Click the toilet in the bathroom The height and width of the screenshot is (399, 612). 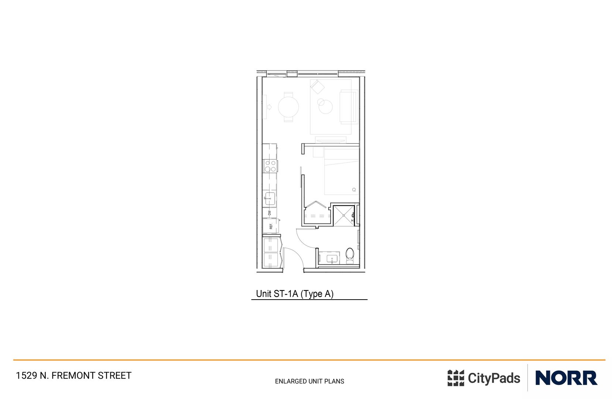pos(349,254)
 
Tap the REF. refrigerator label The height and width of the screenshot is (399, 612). pos(271,226)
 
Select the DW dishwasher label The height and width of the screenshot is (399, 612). pos(270,213)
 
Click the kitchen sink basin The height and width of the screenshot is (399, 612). pos(270,198)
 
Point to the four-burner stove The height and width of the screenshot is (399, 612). pos(270,166)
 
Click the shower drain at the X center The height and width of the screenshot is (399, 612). pos(344,215)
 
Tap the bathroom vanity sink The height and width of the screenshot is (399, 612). pos(333,258)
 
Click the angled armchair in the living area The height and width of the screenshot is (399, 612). pos(317,87)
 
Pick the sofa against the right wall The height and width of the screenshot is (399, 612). pos(349,107)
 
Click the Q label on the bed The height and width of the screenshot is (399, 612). pos(354,190)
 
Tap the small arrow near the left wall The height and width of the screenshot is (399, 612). pos(269,107)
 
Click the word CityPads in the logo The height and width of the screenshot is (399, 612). pos(494,378)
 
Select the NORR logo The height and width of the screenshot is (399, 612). pos(566,378)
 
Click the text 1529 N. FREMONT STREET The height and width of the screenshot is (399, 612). pos(73,376)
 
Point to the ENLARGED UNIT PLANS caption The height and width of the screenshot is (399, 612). pos(310,381)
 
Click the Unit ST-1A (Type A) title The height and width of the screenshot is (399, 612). pos(295,294)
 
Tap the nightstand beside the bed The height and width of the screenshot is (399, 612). pos(318,152)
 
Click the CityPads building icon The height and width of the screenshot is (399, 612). pos(455,378)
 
